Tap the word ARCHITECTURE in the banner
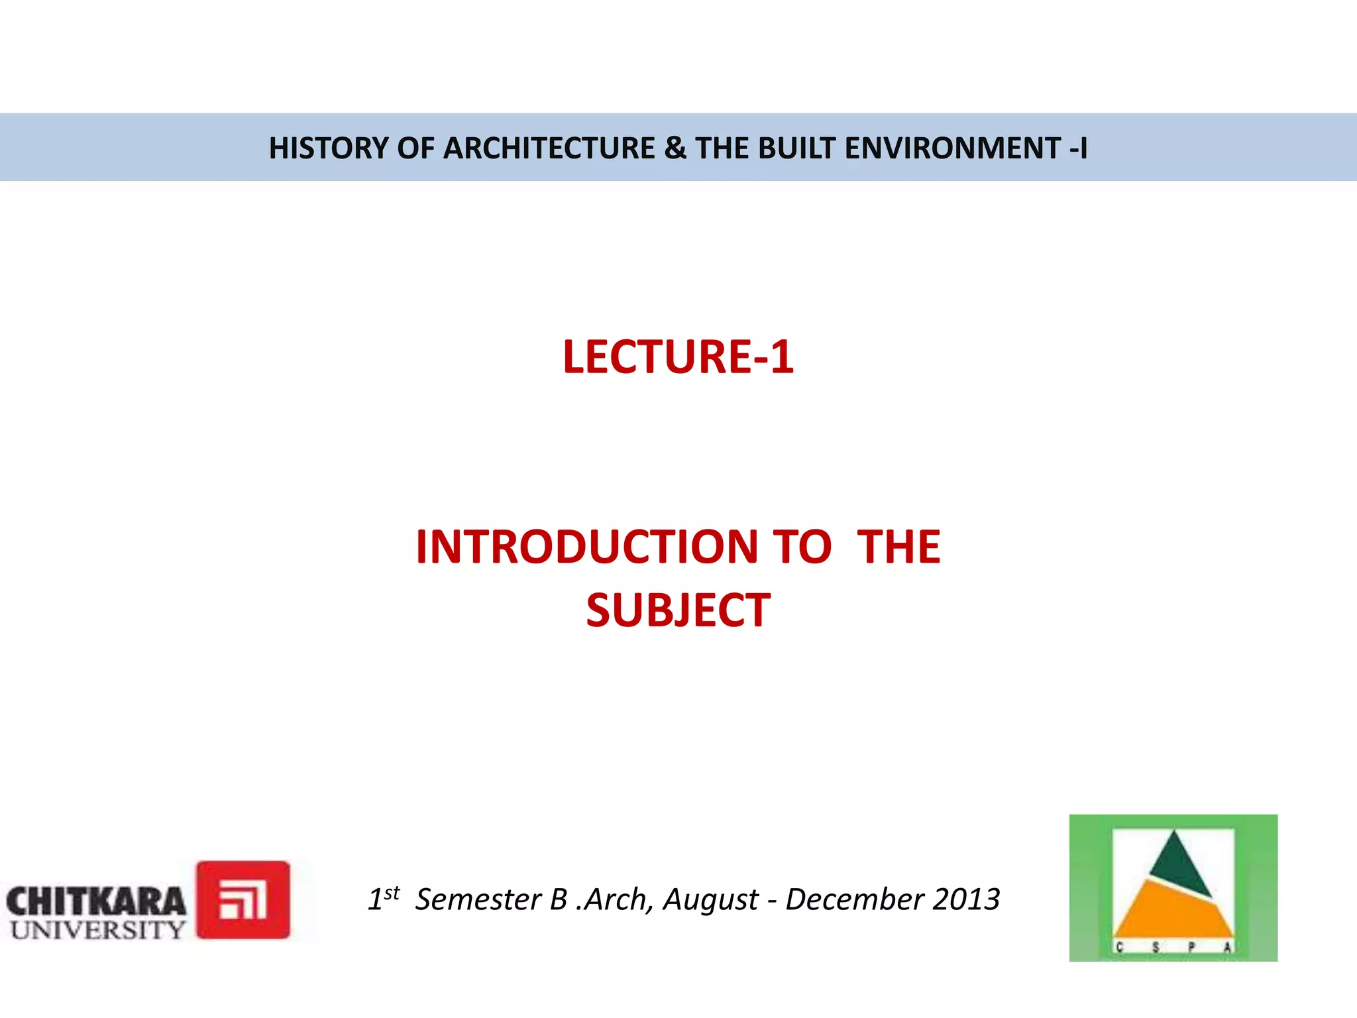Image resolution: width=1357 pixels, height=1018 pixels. (549, 148)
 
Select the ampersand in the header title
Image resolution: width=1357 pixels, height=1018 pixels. (675, 148)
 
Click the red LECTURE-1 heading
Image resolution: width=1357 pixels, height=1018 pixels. (678, 357)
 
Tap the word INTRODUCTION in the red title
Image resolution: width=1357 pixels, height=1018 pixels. (586, 547)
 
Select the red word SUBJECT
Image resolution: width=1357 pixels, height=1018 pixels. (678, 610)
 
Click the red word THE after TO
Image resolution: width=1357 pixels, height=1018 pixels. (898, 547)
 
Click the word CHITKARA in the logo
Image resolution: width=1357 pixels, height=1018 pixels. (96, 901)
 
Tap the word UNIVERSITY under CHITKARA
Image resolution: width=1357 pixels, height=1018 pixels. (97, 930)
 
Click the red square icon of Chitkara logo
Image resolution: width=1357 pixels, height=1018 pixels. (243, 899)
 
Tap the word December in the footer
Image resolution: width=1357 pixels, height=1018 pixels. (855, 899)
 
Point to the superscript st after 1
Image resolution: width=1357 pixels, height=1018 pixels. (392, 892)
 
